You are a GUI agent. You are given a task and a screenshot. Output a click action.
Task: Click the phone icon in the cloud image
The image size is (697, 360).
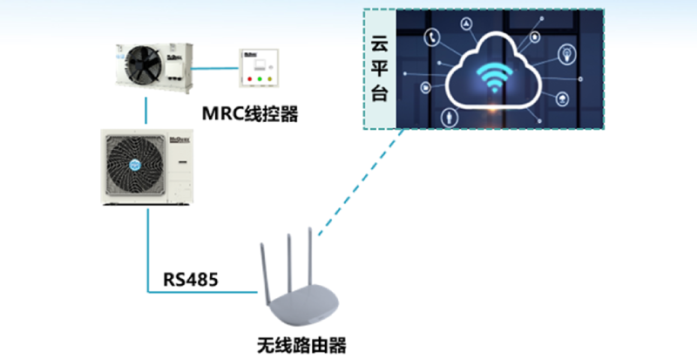pos(431,37)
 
